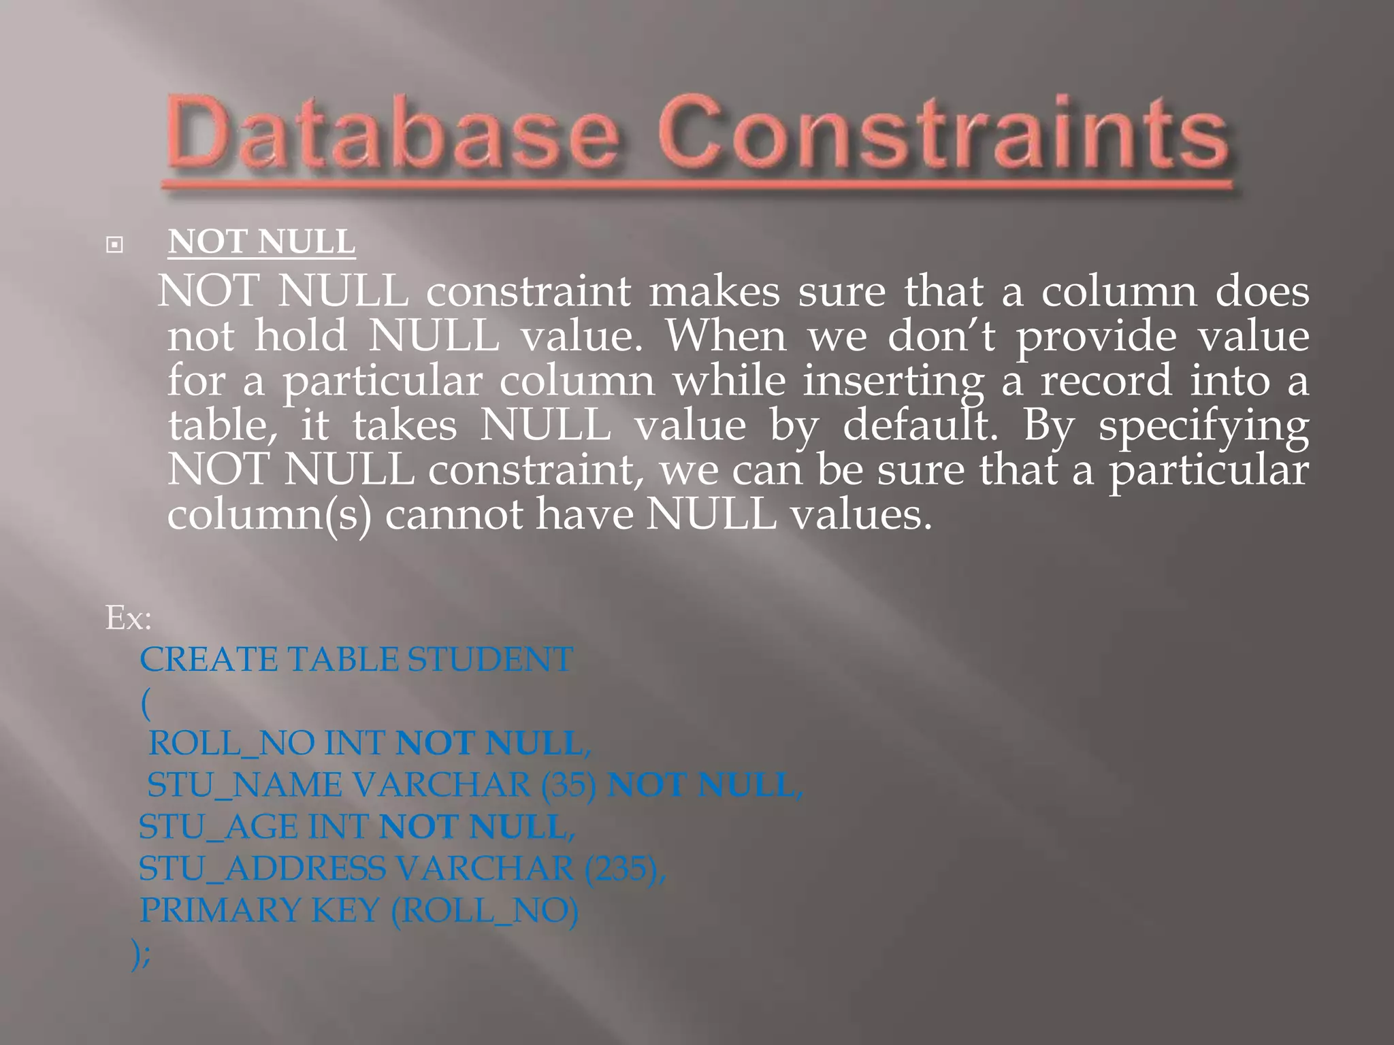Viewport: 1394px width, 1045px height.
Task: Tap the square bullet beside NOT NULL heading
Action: click(114, 245)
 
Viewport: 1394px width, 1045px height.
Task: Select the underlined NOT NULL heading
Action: click(261, 242)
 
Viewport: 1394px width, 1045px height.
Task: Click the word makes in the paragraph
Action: click(714, 292)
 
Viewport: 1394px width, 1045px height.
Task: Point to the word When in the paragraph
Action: click(726, 336)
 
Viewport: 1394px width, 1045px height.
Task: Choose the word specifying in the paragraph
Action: click(1203, 427)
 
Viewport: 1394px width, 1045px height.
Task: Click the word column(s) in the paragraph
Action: click(269, 515)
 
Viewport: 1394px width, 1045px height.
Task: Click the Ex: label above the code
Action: click(128, 618)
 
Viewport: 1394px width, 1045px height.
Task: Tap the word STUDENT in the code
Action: click(490, 660)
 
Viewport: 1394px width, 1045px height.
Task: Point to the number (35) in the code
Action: click(569, 785)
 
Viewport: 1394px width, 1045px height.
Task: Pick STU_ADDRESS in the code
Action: click(262, 869)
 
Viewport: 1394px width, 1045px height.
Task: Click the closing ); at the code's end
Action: click(142, 954)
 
